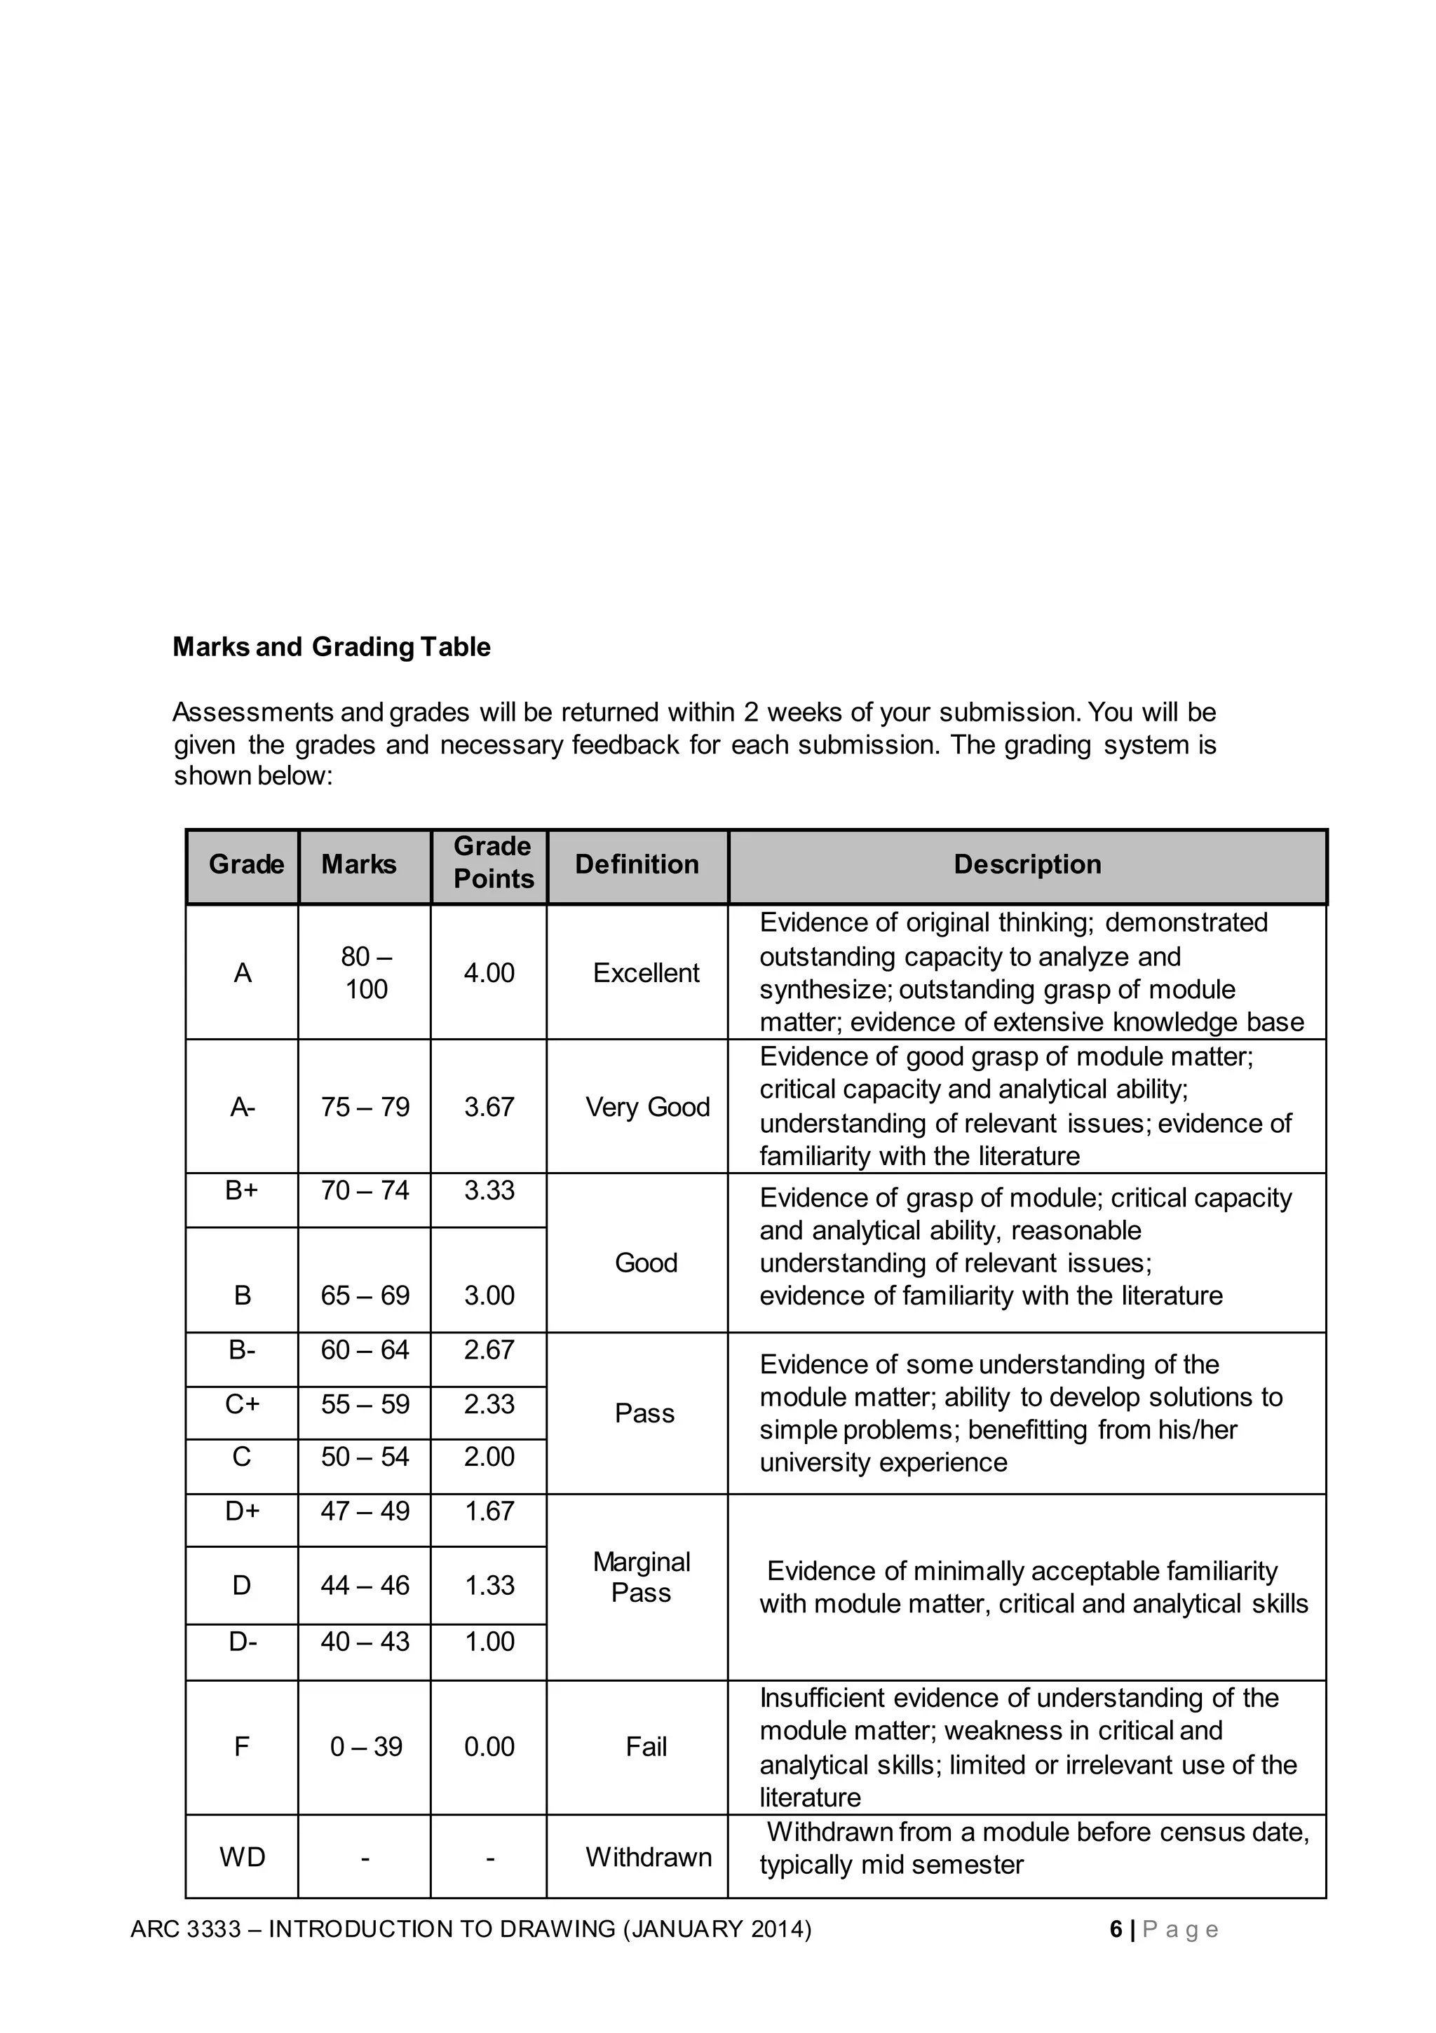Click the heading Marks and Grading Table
[x=332, y=647]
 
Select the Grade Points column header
[x=494, y=862]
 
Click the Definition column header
[x=637, y=864]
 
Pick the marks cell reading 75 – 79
[x=365, y=1107]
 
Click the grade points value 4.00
[x=489, y=973]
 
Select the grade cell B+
[x=242, y=1190]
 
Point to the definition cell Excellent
[x=646, y=973]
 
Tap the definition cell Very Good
[x=648, y=1107]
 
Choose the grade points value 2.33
[x=489, y=1404]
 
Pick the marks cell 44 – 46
[x=365, y=1585]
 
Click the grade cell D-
[x=243, y=1642]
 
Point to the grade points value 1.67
[x=489, y=1511]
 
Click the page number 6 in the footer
[x=1116, y=1929]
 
